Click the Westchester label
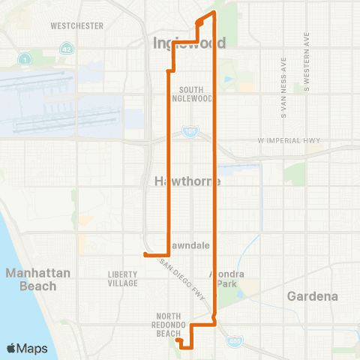(76, 25)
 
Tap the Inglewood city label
(189, 43)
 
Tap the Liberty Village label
(122, 278)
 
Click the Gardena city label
(312, 296)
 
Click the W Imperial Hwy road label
(289, 140)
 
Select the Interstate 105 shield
(187, 132)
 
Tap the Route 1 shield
(26, 58)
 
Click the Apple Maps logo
(27, 348)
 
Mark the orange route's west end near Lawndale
(145, 255)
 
